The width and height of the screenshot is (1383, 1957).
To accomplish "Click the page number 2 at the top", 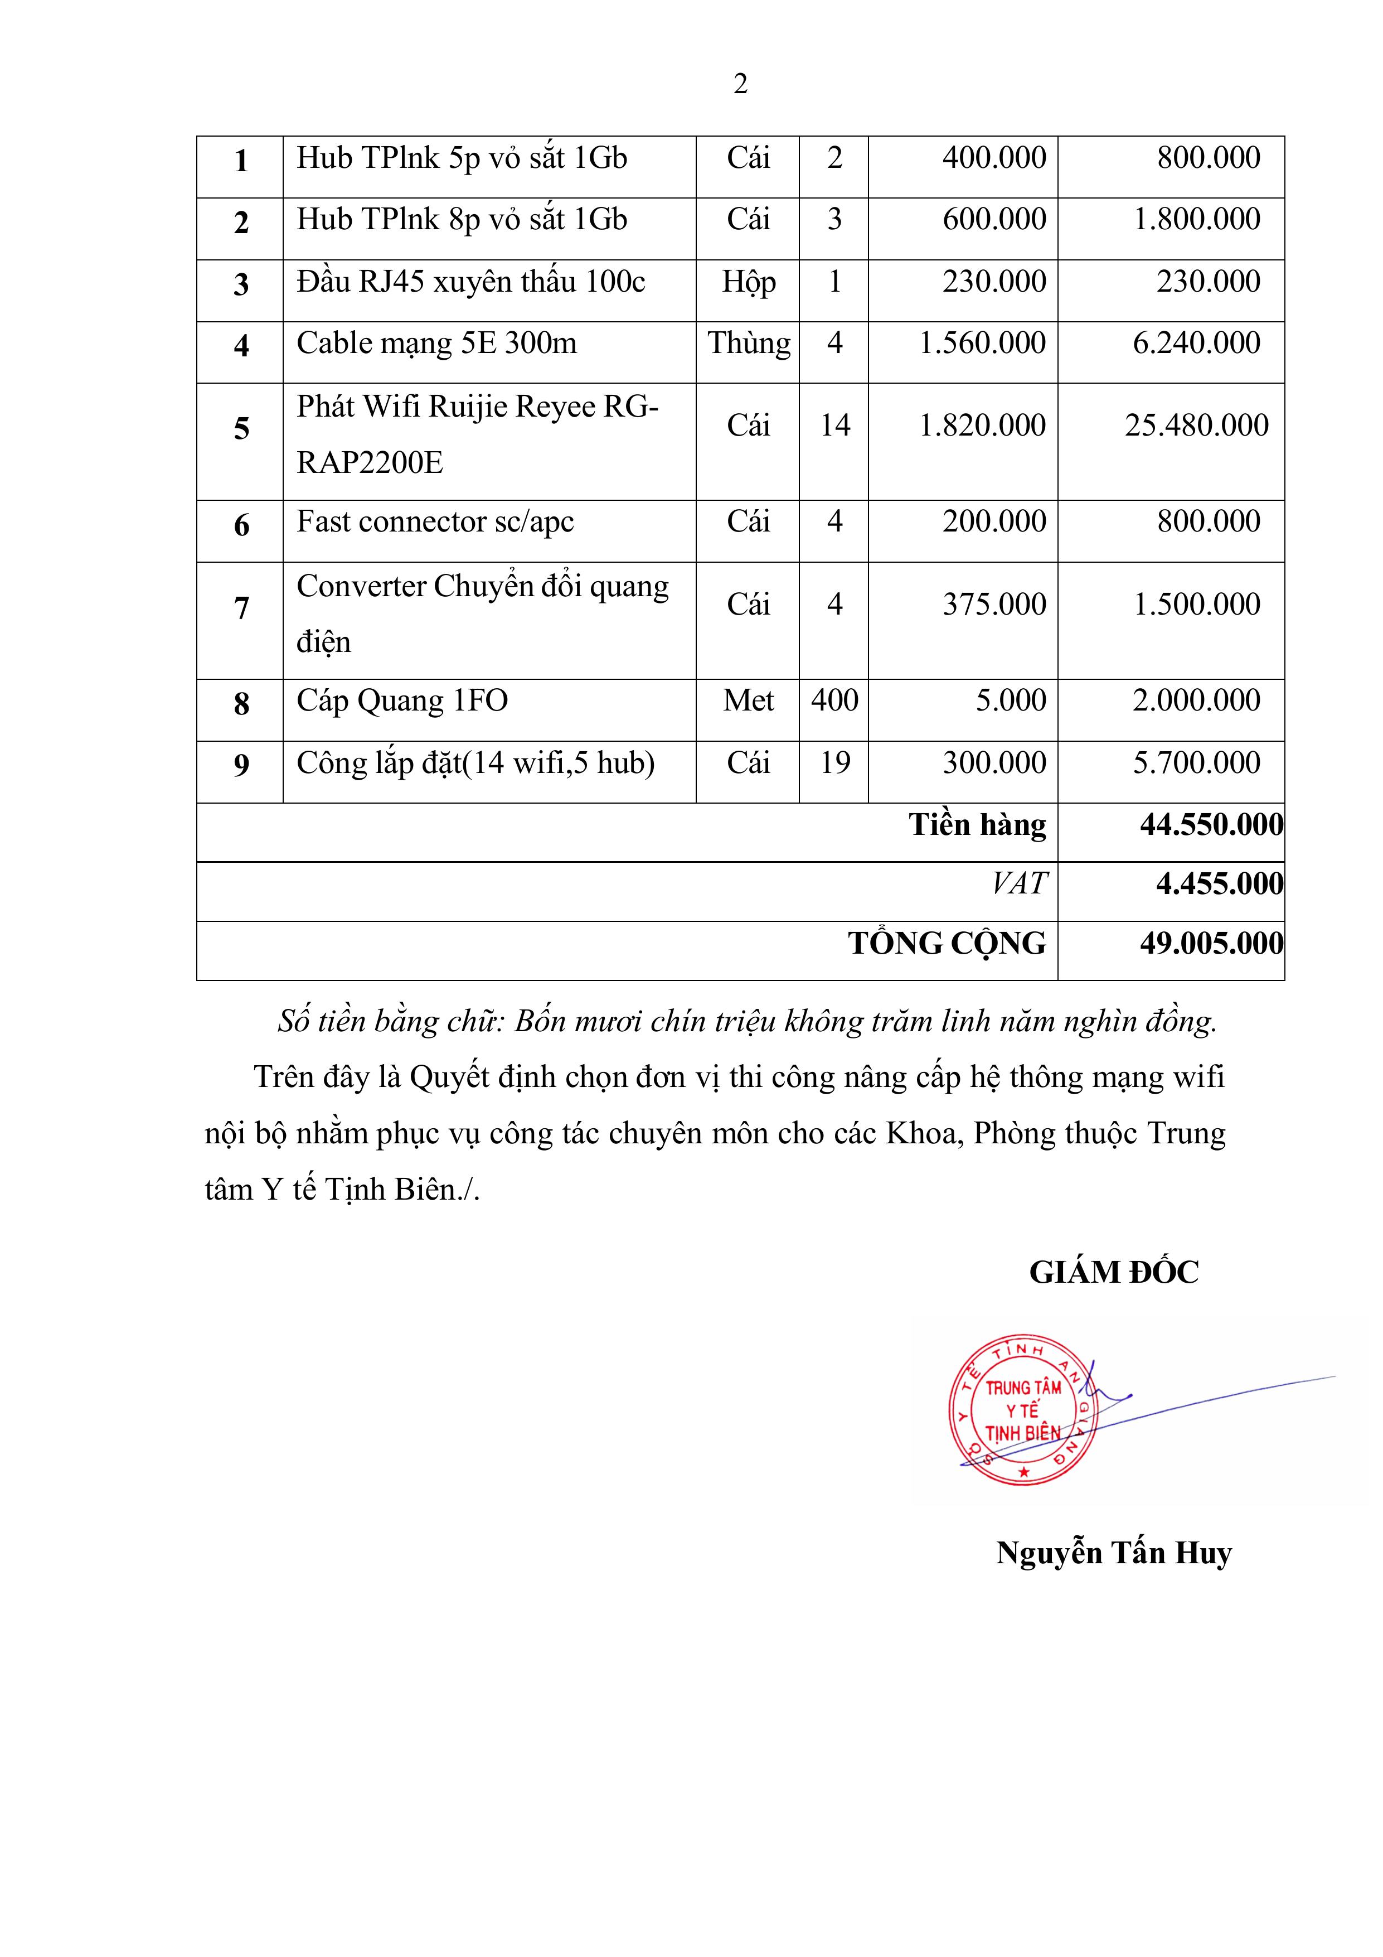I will (740, 84).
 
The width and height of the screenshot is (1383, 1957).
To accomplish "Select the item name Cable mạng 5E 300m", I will (436, 342).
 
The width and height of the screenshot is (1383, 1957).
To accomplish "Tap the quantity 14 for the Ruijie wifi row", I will (834, 424).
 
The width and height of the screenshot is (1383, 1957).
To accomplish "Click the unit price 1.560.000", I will (982, 342).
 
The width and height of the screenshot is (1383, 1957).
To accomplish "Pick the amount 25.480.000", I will (1196, 424).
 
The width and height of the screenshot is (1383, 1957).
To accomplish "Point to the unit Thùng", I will (748, 342).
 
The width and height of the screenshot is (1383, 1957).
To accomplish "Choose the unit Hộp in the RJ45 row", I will (748, 281).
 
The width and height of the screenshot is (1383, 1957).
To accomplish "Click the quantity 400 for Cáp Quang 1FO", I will (834, 700).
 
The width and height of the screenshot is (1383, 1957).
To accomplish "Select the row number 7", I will (241, 608).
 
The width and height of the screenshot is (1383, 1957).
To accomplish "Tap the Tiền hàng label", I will (977, 824).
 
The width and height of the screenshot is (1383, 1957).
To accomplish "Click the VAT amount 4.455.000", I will (1219, 883).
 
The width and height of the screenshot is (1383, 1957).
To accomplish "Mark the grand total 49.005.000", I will (1211, 943).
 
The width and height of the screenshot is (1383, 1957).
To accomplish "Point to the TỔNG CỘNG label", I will (947, 943).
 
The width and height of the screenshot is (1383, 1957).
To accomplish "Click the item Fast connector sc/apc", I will (435, 521).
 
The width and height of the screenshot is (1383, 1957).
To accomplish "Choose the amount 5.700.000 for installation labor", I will (1196, 762).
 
